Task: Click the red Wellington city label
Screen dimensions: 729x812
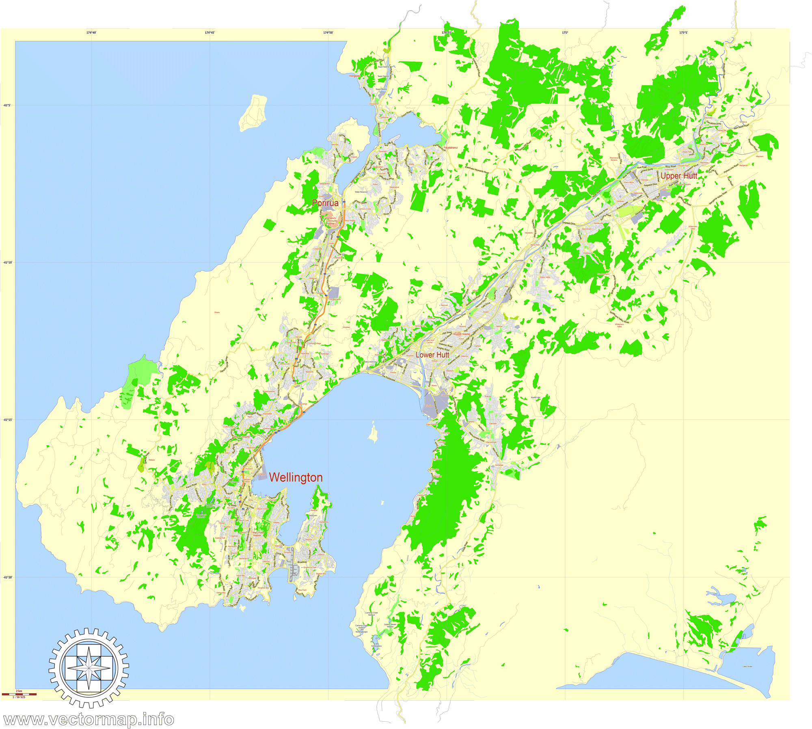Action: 296,478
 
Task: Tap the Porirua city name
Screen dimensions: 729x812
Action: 325,203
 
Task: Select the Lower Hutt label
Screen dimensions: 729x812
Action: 432,355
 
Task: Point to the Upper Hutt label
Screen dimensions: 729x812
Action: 678,176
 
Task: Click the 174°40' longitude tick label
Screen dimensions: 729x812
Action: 91,32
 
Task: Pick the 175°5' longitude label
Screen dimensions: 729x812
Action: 683,32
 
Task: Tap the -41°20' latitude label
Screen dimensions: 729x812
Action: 7,577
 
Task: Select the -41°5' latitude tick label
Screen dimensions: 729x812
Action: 7,105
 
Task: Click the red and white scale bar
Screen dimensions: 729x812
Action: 19,694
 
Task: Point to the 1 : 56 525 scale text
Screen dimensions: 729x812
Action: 19,697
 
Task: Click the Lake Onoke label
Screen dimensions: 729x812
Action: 747,666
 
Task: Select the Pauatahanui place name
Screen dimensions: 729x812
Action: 450,148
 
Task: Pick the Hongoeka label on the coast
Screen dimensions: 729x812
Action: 354,76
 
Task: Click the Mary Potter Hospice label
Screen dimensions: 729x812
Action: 258,534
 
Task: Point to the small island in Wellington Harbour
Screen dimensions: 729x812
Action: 372,432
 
